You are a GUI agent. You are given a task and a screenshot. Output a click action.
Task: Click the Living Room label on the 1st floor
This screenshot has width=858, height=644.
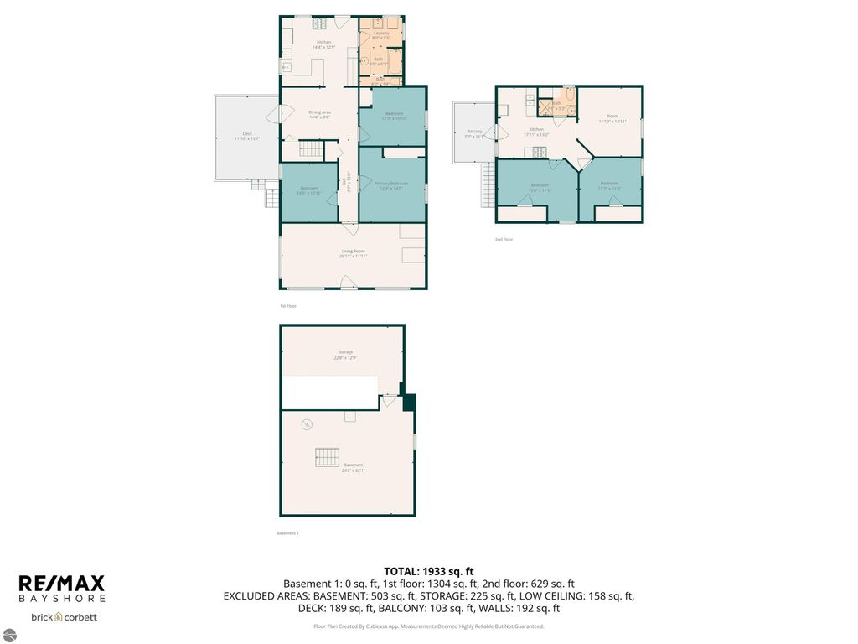point(353,254)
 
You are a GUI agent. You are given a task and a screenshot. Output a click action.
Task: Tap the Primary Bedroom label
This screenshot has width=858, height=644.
point(391,185)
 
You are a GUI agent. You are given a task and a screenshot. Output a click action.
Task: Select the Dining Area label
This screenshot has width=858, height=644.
point(320,114)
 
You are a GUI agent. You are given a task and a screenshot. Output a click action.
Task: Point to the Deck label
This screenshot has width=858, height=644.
point(246,136)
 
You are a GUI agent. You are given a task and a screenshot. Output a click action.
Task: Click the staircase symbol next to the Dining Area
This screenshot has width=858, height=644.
point(311,150)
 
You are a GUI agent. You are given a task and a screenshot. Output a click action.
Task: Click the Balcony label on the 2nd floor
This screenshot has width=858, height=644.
point(474,134)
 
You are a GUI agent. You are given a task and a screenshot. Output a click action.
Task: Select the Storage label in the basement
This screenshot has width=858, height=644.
point(345,354)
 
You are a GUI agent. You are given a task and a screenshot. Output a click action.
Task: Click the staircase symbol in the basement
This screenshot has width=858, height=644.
point(327,457)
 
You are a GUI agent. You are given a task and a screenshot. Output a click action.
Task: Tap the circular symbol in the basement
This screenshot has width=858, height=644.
point(308,424)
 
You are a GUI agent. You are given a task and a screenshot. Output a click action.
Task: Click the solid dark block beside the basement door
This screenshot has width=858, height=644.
point(408,402)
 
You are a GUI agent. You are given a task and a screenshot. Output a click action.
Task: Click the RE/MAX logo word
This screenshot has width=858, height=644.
point(61,583)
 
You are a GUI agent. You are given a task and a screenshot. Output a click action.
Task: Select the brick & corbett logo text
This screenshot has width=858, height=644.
point(64,617)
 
